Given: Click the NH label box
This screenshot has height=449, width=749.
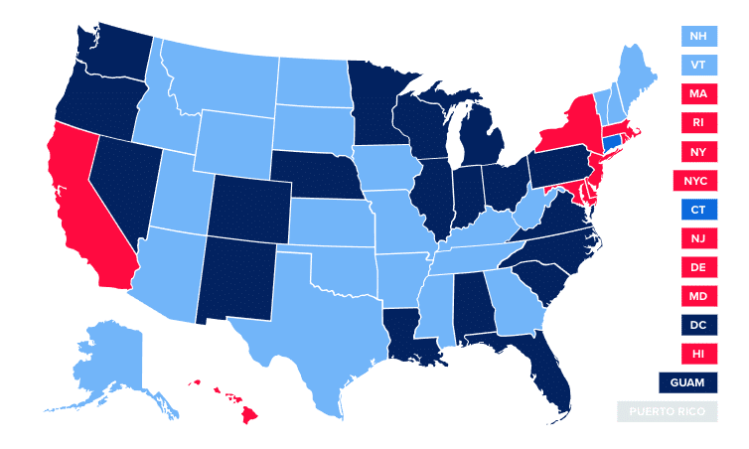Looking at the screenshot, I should click(x=698, y=37).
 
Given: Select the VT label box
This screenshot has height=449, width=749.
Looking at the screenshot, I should click(x=698, y=66).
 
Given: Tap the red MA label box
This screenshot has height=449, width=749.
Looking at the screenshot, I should click(x=698, y=94).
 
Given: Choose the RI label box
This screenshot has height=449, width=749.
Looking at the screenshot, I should click(x=698, y=123).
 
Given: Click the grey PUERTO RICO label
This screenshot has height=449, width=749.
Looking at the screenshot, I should click(x=665, y=412).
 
